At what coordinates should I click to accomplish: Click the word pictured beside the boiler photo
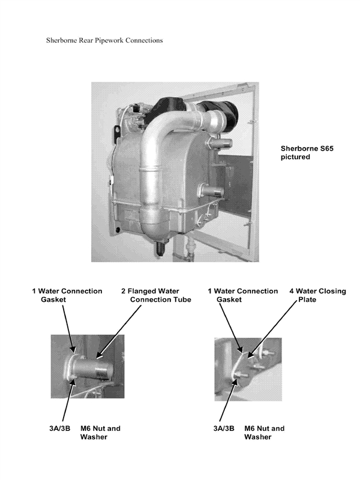(296, 157)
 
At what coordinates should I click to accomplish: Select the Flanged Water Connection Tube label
(155, 295)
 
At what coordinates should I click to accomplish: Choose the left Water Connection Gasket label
(67, 295)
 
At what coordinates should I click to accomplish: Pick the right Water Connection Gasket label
(242, 295)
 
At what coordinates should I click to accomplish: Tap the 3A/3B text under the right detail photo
(226, 428)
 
